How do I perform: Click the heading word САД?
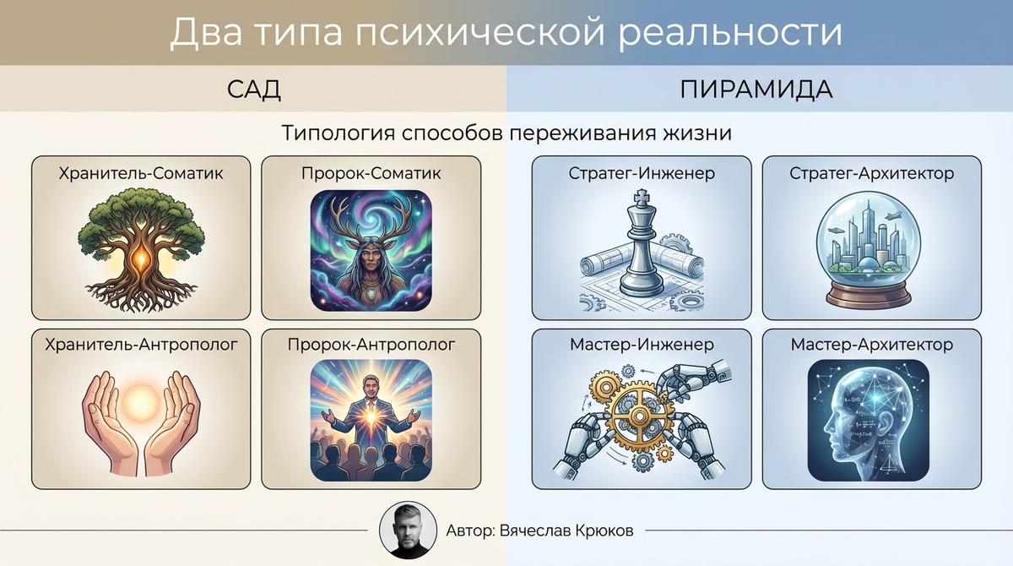253,90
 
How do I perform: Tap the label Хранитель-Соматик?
141,174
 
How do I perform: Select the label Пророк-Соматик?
371,174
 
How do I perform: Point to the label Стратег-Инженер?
642,174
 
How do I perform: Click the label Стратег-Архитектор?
872,174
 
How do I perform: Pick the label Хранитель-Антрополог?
141,345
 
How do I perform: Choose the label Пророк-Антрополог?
371,345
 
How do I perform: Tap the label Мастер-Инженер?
642,345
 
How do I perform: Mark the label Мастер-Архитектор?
872,345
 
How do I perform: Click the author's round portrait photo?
409,531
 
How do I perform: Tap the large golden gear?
638,415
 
